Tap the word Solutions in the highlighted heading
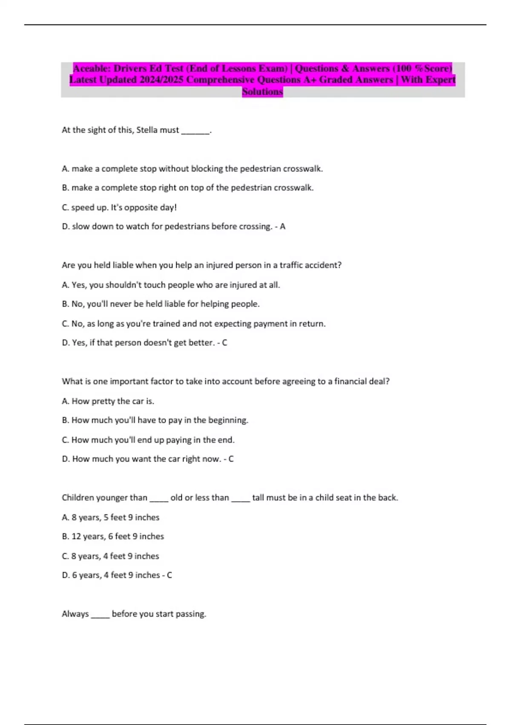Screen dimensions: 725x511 (x=262, y=91)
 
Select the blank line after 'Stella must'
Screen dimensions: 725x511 (x=195, y=131)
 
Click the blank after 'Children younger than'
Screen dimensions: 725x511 (x=159, y=499)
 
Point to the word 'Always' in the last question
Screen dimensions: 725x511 (x=75, y=614)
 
